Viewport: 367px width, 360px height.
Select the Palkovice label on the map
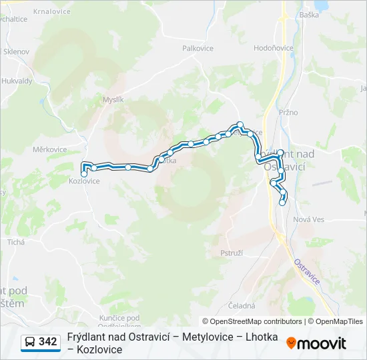tap(198, 48)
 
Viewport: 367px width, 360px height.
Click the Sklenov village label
tap(16, 51)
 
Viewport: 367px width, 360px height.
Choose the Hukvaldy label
tap(17, 81)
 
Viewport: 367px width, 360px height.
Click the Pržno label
tap(288, 112)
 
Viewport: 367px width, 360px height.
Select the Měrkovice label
tap(49, 150)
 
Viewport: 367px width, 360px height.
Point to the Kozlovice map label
tap(84, 181)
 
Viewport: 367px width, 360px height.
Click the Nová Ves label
tap(308, 219)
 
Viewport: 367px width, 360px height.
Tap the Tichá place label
tap(15, 242)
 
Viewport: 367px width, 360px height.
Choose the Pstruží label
tap(231, 253)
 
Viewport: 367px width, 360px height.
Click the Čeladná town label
tap(242, 306)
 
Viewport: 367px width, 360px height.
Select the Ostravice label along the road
tap(306, 271)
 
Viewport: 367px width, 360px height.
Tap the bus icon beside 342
tap(29, 343)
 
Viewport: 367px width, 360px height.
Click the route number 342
tap(48, 342)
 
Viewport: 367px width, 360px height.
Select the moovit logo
tap(316, 343)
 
